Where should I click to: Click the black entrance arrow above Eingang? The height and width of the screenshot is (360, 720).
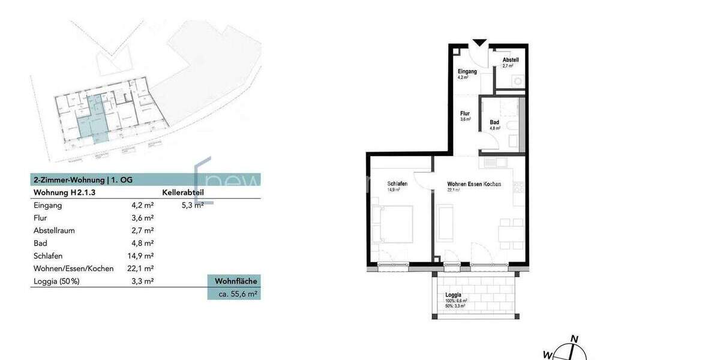click(479, 43)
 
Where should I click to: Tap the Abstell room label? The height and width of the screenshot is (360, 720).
click(511, 60)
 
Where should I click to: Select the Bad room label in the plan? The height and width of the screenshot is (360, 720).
click(494, 122)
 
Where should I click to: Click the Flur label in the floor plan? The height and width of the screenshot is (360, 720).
click(464, 113)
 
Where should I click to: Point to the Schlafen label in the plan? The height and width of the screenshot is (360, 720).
click(398, 184)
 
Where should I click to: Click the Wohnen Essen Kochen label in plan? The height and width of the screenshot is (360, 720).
click(473, 184)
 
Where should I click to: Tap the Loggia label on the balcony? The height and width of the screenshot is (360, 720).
click(453, 295)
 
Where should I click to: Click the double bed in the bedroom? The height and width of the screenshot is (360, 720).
click(391, 224)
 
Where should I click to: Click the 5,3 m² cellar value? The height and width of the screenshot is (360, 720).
click(193, 205)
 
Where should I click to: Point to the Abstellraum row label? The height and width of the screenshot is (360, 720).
click(55, 230)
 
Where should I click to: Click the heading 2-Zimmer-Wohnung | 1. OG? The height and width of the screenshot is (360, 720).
click(82, 180)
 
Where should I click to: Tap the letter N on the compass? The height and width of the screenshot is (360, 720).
click(574, 339)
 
